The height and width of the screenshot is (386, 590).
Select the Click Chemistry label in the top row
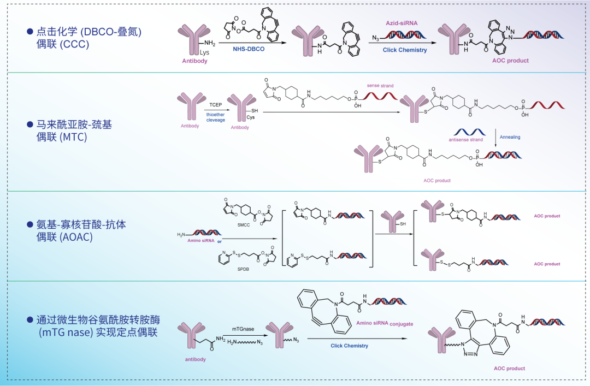pyautogui.click(x=404, y=50)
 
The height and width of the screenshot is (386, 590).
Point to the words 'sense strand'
pyautogui.click(x=380, y=86)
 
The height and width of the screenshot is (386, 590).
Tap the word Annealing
pyautogui.click(x=510, y=137)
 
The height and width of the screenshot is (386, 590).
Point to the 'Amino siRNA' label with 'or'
pyautogui.click(x=205, y=241)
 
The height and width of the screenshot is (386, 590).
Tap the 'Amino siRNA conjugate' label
pyautogui.click(x=385, y=324)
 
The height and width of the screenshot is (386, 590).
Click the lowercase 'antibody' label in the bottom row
pyautogui.click(x=194, y=359)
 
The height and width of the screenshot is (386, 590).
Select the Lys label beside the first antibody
pyautogui.click(x=204, y=52)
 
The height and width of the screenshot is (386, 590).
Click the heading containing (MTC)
pyautogui.click(x=74, y=131)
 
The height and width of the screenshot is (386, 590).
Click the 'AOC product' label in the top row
pyautogui.click(x=510, y=61)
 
